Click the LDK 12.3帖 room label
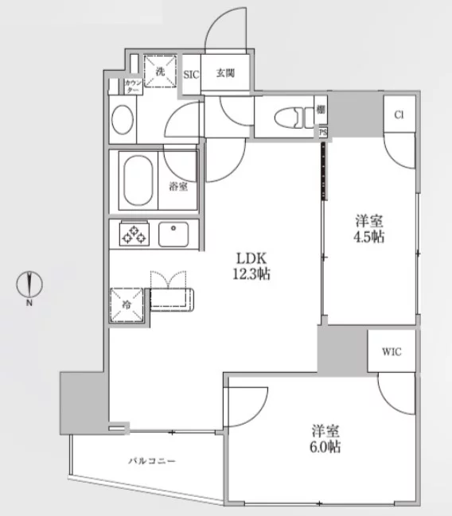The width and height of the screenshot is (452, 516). point(251,266)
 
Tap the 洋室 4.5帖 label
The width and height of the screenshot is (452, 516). point(369,229)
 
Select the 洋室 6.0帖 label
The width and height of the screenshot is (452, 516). point(325,439)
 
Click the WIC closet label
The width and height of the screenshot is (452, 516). point(392,351)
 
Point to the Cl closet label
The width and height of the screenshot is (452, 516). point(399,114)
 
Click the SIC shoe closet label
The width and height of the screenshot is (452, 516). point(191,75)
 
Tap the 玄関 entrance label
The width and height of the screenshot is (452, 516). point(226,73)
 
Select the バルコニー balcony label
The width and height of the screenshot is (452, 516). point(152,460)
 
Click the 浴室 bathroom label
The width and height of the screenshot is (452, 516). point(178,187)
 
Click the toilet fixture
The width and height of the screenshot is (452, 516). point(294,118)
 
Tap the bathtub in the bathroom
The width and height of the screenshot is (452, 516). point(138,180)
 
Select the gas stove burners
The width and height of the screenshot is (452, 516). point(134,234)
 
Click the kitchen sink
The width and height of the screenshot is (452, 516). point(173,235)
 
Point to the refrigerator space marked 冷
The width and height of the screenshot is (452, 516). point(127,305)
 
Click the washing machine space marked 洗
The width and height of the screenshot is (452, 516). point(161,72)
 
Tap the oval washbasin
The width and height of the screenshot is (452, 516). point(123,120)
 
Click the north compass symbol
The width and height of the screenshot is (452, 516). point(29,285)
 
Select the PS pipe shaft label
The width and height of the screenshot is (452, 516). point(323,132)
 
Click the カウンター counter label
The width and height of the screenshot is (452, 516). point(134,86)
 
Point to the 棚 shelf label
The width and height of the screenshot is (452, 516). point(321,110)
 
